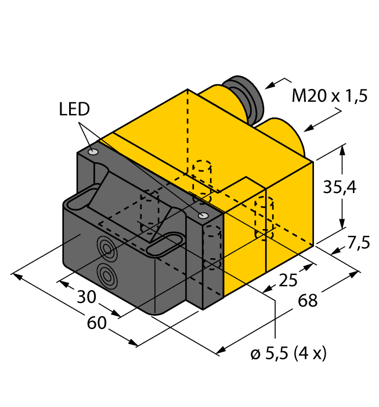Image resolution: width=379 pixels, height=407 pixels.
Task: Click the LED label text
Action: point(74,109)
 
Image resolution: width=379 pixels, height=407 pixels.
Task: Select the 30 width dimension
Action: point(88,297)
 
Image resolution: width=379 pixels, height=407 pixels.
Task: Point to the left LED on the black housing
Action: point(93,152)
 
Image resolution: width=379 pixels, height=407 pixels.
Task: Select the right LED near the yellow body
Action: point(203,216)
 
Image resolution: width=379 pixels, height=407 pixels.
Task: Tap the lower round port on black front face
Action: point(106,273)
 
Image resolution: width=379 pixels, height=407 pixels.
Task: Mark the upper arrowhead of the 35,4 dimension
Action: point(343,149)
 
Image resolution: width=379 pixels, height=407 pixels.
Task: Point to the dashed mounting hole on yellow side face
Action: point(264,218)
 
